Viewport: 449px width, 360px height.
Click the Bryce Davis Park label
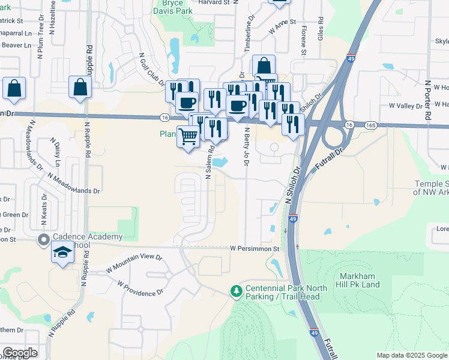(x=173, y=7)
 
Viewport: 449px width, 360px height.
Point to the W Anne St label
(x=282, y=26)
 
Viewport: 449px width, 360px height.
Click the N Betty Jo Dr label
(x=246, y=148)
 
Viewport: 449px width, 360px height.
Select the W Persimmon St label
(x=255, y=248)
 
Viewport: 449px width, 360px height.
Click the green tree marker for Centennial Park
(x=237, y=292)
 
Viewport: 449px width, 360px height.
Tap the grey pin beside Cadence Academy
(x=43, y=241)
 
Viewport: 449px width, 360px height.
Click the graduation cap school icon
(x=62, y=255)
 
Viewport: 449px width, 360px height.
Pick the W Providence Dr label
(x=140, y=288)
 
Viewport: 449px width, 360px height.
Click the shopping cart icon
(x=188, y=137)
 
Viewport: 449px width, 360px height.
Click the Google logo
(x=20, y=353)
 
